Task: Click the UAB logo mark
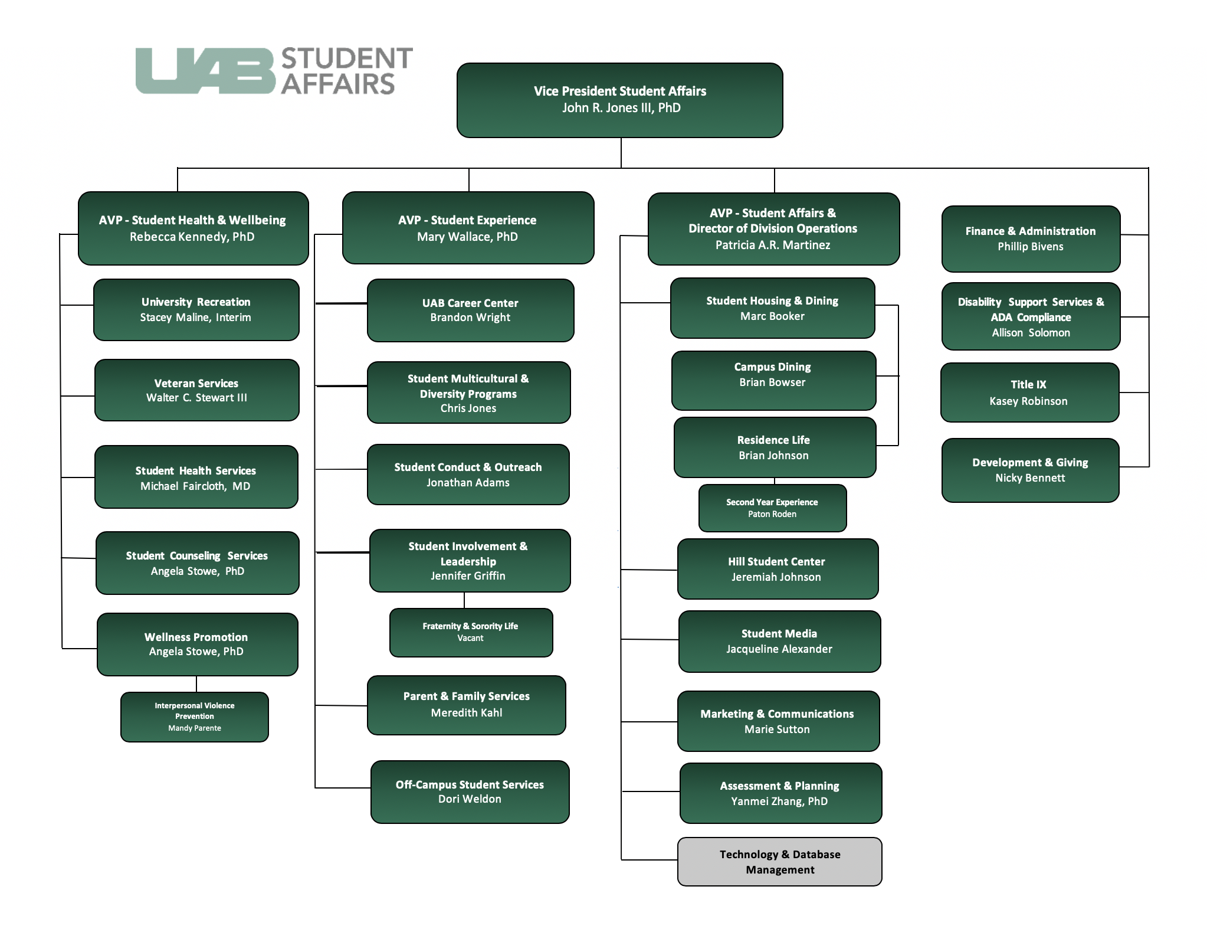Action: pos(205,71)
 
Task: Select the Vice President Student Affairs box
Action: pos(619,100)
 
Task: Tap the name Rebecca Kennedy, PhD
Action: pos(192,237)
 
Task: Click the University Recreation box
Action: pos(196,310)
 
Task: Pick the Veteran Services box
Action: pos(196,390)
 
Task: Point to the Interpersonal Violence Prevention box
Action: pos(195,717)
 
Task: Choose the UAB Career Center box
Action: pos(470,310)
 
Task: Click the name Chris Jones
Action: pos(468,408)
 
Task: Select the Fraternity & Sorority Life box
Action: pos(471,632)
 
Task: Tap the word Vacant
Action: pos(470,638)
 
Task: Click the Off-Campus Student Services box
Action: pos(470,791)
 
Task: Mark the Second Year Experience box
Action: pos(772,508)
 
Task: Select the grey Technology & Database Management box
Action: pos(779,862)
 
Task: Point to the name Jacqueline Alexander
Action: pos(779,649)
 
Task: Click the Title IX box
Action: pos(1029,392)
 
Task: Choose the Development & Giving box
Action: pos(1030,470)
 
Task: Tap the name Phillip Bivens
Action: pos(1031,247)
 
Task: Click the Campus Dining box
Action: pos(773,381)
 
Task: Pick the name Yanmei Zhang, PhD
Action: pos(779,802)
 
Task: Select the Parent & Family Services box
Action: pos(466,705)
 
